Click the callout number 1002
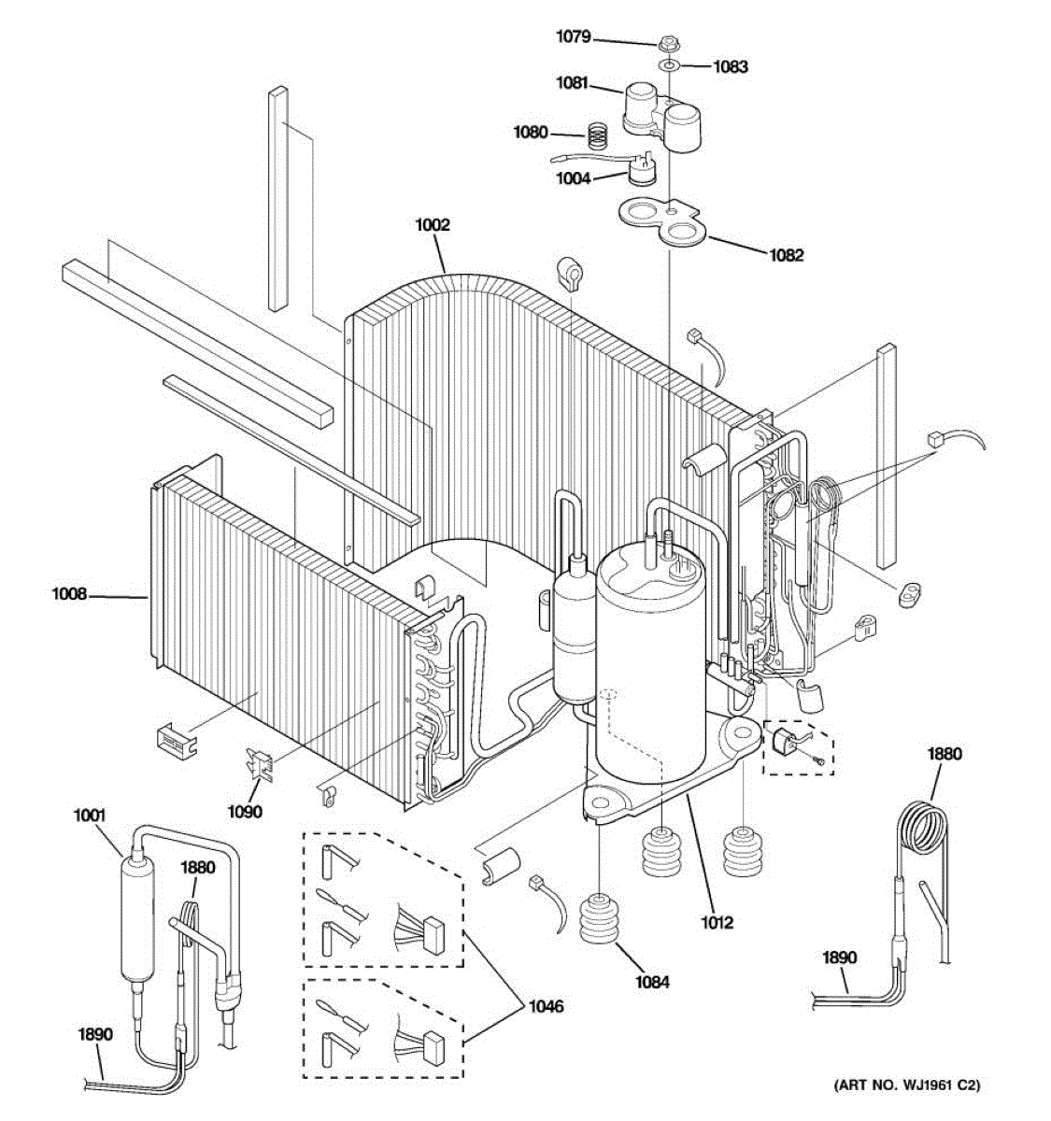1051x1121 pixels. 433,225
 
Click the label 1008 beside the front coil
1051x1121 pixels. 69,593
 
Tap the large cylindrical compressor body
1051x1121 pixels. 645,663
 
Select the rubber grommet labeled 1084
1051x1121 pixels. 598,919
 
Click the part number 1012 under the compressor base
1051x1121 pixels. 717,923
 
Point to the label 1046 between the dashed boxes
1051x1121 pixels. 547,1007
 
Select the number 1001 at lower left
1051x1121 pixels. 90,816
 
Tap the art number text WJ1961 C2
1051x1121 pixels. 907,1086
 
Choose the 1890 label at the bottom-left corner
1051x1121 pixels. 96,1034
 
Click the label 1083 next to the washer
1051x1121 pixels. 731,66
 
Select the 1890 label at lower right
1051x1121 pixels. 839,958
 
